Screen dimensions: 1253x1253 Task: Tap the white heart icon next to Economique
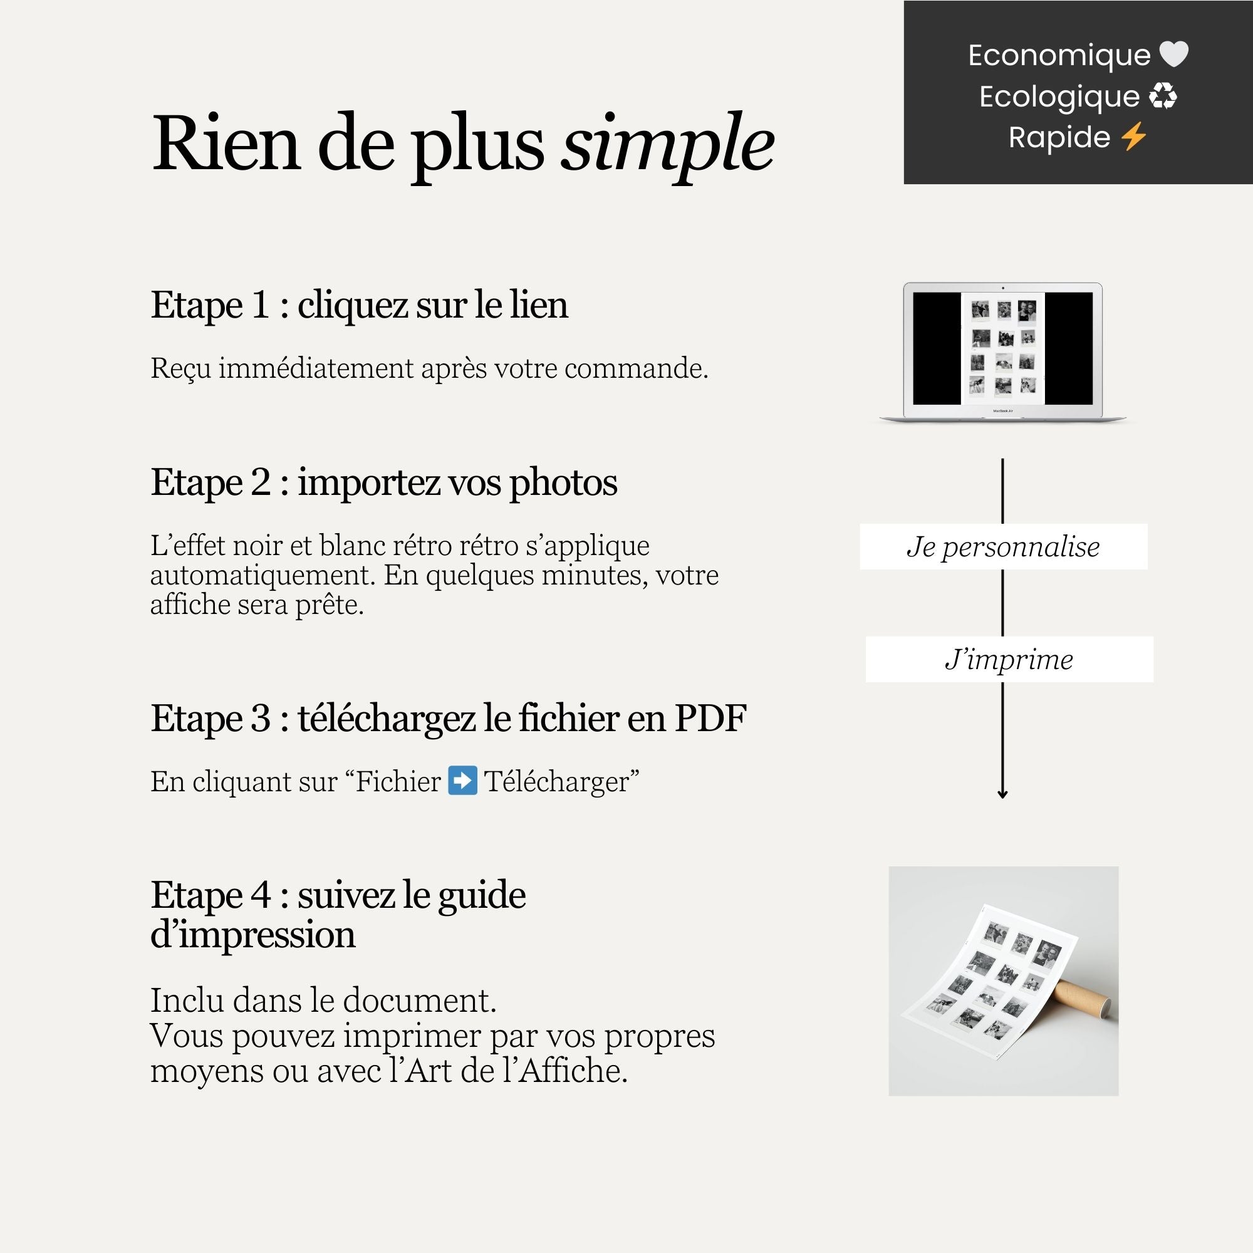pos(1173,55)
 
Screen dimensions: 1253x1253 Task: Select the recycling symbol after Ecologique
pos(1162,96)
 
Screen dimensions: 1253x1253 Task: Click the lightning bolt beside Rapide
pos(1133,137)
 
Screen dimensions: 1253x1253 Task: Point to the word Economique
pos(1058,55)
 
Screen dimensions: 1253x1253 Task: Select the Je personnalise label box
pos(1003,547)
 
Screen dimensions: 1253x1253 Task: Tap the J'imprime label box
pos(1009,660)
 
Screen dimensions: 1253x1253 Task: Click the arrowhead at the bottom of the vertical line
pos(1002,794)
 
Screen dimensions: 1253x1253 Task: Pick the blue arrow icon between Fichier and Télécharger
pos(463,781)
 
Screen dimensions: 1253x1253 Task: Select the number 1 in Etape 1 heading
pos(260,305)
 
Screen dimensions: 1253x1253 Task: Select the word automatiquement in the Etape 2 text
pos(262,575)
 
